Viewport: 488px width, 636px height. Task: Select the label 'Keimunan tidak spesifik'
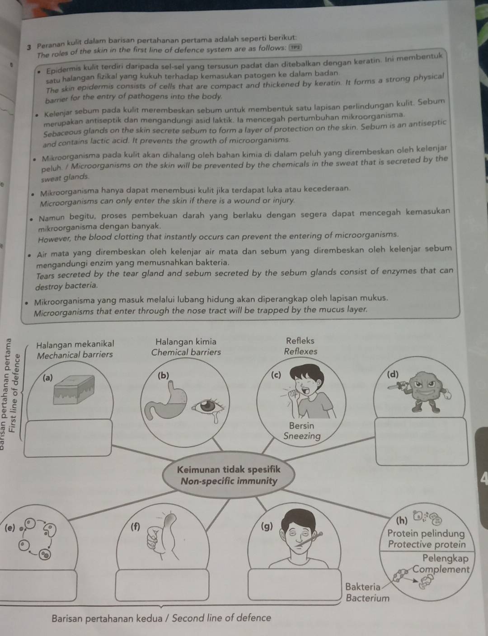click(229, 470)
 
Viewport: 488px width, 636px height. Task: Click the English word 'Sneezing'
click(302, 436)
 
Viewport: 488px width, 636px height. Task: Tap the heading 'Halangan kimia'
click(186, 341)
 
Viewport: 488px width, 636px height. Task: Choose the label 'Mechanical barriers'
click(75, 355)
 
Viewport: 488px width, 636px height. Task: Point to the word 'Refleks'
click(300, 341)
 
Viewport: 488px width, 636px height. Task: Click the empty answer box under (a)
click(68, 438)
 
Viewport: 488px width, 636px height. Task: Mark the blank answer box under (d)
click(422, 441)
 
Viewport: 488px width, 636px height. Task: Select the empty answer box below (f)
click(162, 585)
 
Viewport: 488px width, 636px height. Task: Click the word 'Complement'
click(441, 570)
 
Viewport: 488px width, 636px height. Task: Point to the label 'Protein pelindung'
click(426, 533)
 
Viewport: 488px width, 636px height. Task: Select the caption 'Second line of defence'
click(221, 618)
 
